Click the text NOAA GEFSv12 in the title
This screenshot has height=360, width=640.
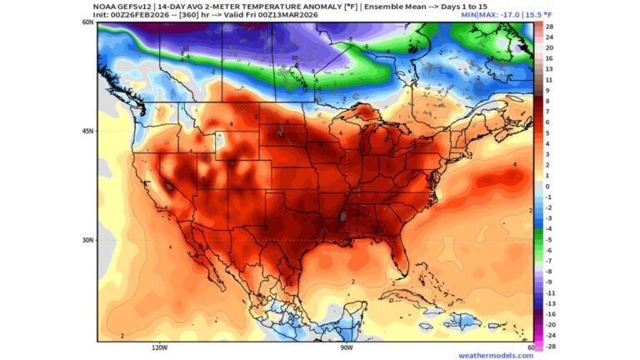(x=126, y=7)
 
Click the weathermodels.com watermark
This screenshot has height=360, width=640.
(x=495, y=355)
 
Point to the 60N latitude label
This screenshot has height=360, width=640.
(x=87, y=22)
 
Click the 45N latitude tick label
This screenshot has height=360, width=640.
(x=87, y=131)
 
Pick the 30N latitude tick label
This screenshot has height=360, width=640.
(x=87, y=240)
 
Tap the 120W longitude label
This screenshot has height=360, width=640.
(x=159, y=347)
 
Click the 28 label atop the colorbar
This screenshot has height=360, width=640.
(x=550, y=27)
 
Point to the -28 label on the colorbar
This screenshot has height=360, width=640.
(x=550, y=346)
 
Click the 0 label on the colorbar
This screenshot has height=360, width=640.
(x=548, y=187)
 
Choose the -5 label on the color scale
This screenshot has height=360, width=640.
(x=550, y=239)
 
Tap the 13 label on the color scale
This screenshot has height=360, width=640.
(x=550, y=69)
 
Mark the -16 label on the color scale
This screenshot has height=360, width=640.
(x=550, y=314)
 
